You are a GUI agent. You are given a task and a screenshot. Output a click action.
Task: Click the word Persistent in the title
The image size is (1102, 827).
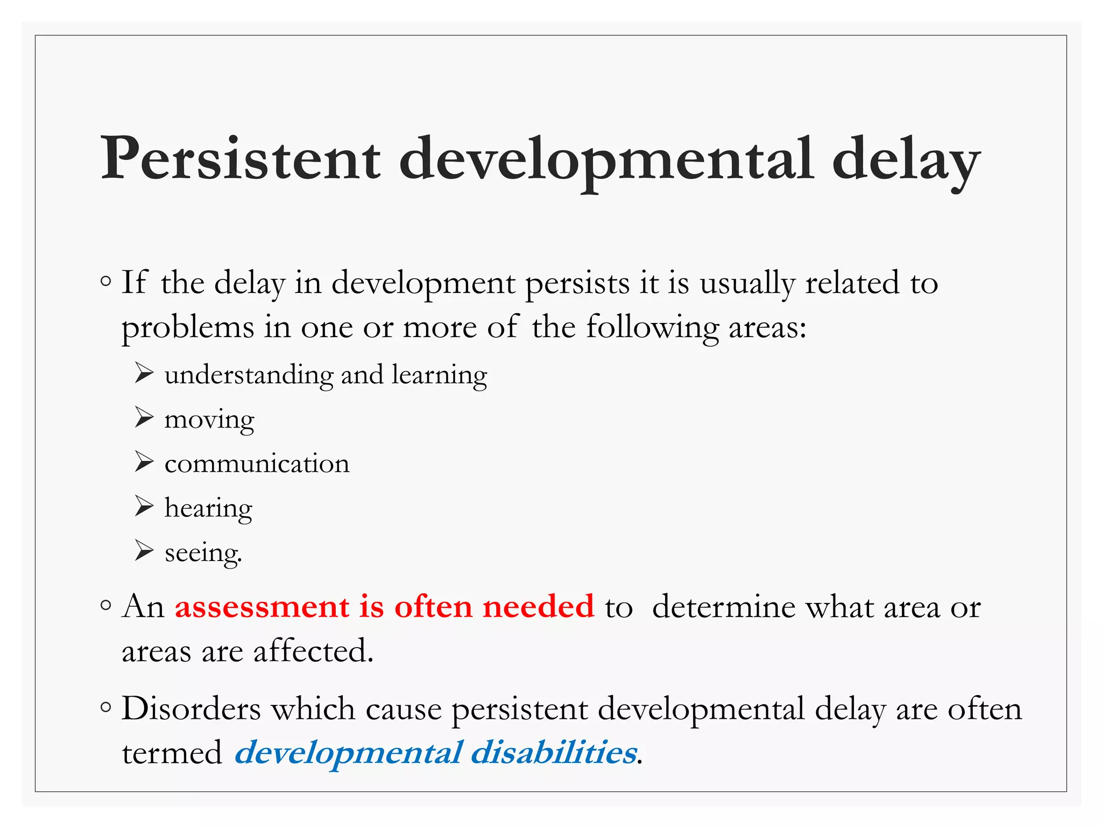pyautogui.click(x=241, y=159)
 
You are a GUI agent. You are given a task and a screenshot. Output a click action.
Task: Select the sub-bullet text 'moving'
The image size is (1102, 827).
pyautogui.click(x=209, y=419)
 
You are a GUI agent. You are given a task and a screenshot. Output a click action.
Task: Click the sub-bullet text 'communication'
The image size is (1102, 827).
pyautogui.click(x=257, y=464)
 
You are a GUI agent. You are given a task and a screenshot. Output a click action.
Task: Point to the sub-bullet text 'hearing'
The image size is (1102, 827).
pyautogui.click(x=208, y=508)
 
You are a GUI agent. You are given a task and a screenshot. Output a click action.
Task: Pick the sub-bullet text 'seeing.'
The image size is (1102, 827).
pyautogui.click(x=203, y=552)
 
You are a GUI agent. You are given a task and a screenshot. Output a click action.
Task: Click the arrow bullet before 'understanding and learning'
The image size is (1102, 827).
pyautogui.click(x=144, y=373)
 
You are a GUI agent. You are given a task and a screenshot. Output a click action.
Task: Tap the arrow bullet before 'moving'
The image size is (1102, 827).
pyautogui.click(x=144, y=417)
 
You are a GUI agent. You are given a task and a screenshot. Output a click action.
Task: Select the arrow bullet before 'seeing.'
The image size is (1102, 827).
pyautogui.click(x=144, y=550)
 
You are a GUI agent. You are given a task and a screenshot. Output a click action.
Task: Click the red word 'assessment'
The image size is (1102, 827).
pyautogui.click(x=262, y=607)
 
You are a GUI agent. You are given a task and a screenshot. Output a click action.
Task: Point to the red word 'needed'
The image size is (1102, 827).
pyautogui.click(x=538, y=607)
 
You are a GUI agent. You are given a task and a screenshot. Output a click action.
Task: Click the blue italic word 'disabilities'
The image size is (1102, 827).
pyautogui.click(x=554, y=753)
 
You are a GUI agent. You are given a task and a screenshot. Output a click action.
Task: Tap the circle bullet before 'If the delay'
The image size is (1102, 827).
pyautogui.click(x=106, y=282)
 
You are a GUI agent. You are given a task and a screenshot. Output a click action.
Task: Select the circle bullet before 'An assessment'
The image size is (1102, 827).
pyautogui.click(x=106, y=606)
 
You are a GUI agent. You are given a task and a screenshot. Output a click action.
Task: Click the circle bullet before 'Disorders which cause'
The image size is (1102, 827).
pyautogui.click(x=106, y=707)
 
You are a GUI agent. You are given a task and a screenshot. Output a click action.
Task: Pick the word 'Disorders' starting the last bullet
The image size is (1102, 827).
pyautogui.click(x=191, y=709)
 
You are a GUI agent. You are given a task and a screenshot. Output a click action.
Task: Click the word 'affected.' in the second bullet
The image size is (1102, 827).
pyautogui.click(x=313, y=650)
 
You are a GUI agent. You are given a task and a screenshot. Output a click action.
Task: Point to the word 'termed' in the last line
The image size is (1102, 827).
pyautogui.click(x=172, y=753)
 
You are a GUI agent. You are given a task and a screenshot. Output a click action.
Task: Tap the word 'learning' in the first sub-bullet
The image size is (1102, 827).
pyautogui.click(x=439, y=375)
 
